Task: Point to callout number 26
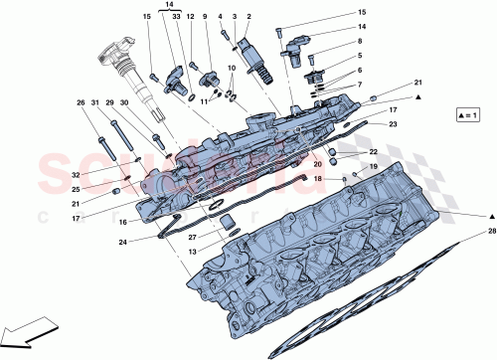pos(82,102)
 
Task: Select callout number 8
pos(359,42)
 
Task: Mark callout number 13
pos(192,253)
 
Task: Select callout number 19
pos(375,166)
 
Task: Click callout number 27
pos(192,237)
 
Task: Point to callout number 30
pos(124,102)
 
